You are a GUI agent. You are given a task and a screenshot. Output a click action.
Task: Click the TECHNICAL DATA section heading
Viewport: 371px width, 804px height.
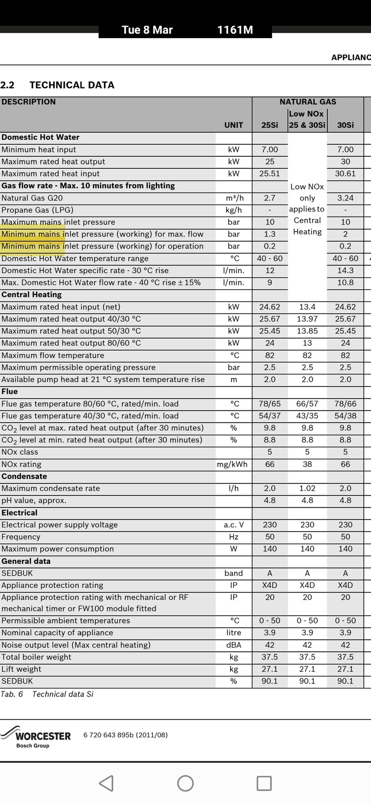pos(71,85)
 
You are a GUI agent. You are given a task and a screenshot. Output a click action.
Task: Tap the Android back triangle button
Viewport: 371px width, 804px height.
pos(106,783)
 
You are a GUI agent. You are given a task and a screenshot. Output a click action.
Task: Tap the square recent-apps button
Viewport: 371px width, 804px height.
pos(264,783)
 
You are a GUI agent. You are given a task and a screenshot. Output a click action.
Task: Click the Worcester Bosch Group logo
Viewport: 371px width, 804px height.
pos(36,737)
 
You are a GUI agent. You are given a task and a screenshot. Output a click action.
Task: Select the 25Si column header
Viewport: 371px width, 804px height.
pos(269,125)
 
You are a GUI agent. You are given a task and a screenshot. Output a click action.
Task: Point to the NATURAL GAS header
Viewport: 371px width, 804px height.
pos(308,102)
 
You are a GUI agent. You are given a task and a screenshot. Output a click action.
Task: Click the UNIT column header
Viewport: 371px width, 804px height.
pos(234,125)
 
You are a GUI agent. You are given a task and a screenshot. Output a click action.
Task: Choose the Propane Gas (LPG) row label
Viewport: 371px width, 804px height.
pos(37,210)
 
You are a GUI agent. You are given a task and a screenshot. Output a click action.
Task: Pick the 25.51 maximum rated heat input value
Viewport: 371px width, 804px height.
pos(269,174)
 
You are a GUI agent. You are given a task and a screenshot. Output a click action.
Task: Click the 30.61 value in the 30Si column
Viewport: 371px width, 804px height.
pos(345,174)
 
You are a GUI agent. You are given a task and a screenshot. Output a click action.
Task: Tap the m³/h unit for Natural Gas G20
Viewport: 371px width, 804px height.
pos(234,198)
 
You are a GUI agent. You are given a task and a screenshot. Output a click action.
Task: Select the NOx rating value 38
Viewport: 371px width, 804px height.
pos(307,464)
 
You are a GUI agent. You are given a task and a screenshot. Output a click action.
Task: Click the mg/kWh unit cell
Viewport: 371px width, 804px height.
pos(232,464)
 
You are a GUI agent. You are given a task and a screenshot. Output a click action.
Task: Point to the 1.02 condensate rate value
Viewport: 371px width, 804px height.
pos(307,488)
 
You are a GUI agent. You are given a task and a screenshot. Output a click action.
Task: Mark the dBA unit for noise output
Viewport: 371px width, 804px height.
pos(234,645)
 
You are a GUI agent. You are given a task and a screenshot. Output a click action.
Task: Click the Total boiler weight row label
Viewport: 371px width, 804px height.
pos(36,657)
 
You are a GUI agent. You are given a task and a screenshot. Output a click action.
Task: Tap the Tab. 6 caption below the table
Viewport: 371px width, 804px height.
pos(47,694)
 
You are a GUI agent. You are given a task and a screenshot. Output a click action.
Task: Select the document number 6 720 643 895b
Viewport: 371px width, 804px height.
pos(125,735)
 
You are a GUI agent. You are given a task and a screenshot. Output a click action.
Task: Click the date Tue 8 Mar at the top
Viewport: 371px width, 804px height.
pos(147,30)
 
